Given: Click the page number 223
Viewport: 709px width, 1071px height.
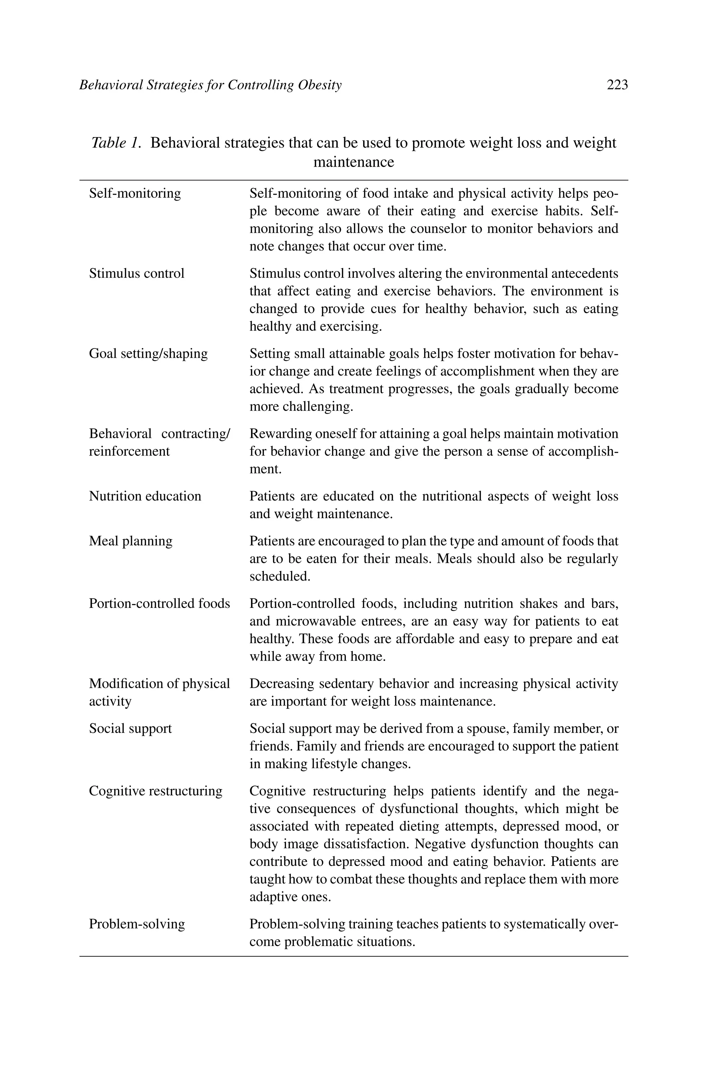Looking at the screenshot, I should [617, 85].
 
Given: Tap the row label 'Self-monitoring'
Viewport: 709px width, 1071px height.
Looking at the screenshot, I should [135, 194].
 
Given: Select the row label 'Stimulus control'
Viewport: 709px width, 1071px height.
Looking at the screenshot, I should [136, 274].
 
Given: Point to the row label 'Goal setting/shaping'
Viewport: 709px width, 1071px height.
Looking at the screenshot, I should [148, 354].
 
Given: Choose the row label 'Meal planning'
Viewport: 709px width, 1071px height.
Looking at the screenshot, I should [131, 541].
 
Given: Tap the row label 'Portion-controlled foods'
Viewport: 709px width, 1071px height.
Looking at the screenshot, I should [159, 604].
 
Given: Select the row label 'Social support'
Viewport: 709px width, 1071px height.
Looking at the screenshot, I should [130, 729].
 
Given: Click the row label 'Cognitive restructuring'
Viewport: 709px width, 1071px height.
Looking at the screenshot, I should [155, 791].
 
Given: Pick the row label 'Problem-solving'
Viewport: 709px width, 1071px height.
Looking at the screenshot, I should [136, 924].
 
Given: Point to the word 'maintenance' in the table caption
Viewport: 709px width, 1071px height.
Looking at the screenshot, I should [353, 162].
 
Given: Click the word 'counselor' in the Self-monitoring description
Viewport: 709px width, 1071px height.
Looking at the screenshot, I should [438, 229].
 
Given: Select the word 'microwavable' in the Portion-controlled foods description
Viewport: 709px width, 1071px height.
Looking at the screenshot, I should [319, 621].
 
